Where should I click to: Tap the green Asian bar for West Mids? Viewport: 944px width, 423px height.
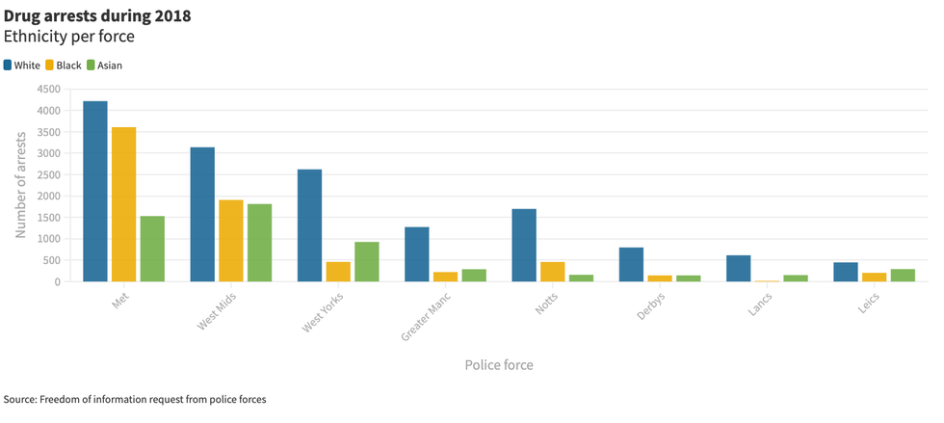[259, 243]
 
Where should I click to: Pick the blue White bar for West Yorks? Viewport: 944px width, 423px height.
[309, 225]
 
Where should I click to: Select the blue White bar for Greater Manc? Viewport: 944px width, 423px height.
[416, 254]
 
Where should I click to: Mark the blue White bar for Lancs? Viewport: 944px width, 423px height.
[738, 269]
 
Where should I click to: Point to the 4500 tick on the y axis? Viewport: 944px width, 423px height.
[47, 89]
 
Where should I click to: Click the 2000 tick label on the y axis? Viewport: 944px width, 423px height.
[47, 196]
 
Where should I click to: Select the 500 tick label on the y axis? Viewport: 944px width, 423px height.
[51, 260]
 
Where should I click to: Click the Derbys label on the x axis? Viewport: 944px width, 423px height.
[650, 307]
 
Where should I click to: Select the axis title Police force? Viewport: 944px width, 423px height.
[498, 365]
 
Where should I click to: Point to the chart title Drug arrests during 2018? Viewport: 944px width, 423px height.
[97, 16]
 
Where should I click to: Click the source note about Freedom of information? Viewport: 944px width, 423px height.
[135, 399]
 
